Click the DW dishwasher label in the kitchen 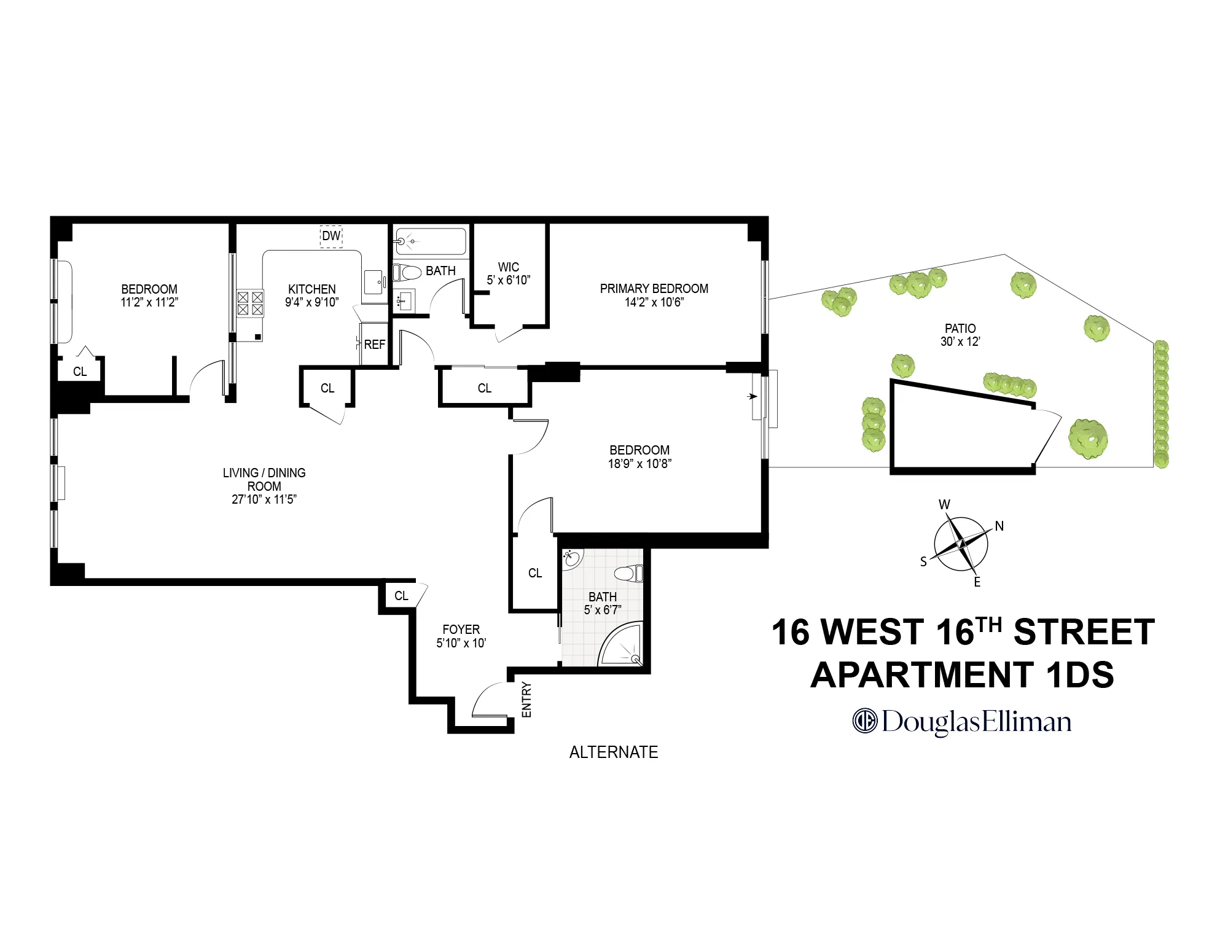pyautogui.click(x=330, y=236)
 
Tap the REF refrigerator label pyautogui.click(x=374, y=345)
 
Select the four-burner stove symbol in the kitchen pyautogui.click(x=250, y=303)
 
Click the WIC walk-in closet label pyautogui.click(x=508, y=267)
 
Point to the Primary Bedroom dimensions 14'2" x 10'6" pyautogui.click(x=654, y=302)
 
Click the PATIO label pyautogui.click(x=960, y=329)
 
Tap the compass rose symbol pyautogui.click(x=961, y=544)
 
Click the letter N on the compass pyautogui.click(x=999, y=526)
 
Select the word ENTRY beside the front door pyautogui.click(x=526, y=699)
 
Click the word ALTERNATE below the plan pyautogui.click(x=613, y=752)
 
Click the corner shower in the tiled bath pyautogui.click(x=622, y=646)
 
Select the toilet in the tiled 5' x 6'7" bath pyautogui.click(x=628, y=574)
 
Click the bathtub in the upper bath pyautogui.click(x=431, y=241)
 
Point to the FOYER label pyautogui.click(x=461, y=630)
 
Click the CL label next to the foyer pyautogui.click(x=401, y=596)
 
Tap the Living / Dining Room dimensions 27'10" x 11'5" pyautogui.click(x=264, y=499)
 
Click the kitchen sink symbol pyautogui.click(x=373, y=283)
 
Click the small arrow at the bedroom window pyautogui.click(x=752, y=396)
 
